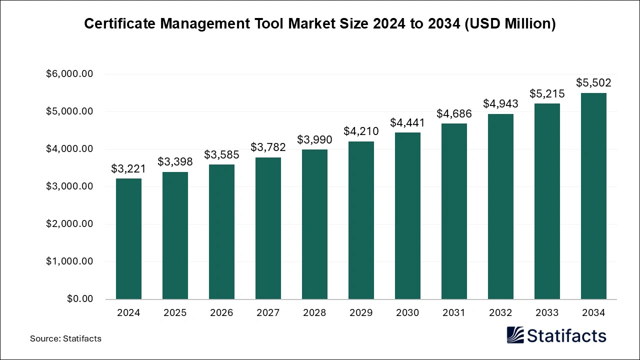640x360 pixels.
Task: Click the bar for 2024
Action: point(128,239)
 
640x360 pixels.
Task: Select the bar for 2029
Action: point(361,220)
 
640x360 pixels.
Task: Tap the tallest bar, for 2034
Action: point(593,196)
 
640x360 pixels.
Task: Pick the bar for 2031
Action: point(454,211)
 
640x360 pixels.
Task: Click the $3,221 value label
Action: point(128,169)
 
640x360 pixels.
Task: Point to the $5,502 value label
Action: point(593,83)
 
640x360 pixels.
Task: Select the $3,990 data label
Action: point(314,139)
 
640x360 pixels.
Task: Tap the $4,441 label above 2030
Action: point(407,122)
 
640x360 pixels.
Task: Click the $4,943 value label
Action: point(500,103)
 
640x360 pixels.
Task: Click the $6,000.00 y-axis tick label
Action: point(69,74)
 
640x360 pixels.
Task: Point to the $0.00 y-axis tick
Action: point(80,299)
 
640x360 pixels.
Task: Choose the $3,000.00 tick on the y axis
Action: point(69,186)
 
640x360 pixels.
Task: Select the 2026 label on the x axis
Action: point(221,313)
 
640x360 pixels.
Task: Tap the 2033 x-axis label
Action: point(547,313)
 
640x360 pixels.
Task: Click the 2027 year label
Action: point(268,313)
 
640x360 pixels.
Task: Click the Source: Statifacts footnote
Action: point(65,338)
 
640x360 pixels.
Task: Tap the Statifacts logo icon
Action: point(515,335)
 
